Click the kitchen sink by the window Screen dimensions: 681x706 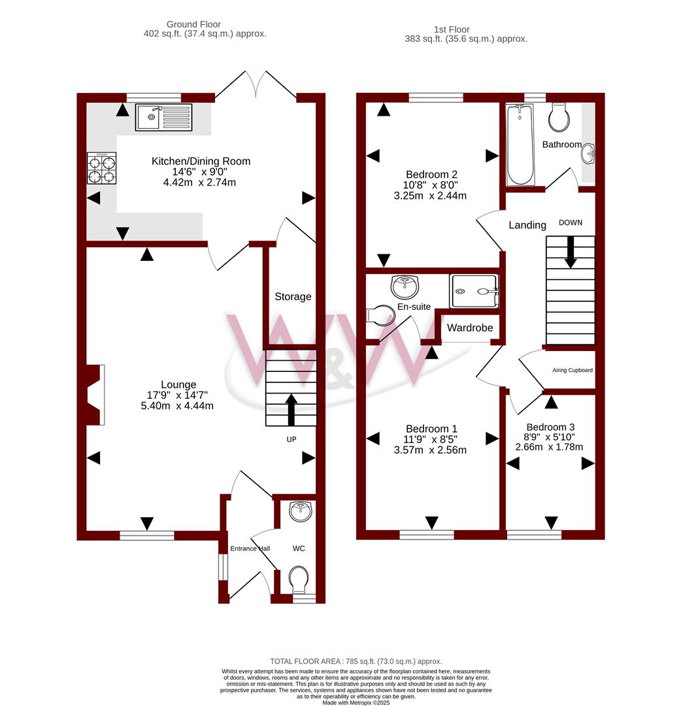click(x=164, y=118)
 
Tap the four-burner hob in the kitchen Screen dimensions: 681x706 click(x=102, y=169)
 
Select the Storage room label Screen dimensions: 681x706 click(x=293, y=297)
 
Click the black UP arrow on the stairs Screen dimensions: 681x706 click(x=291, y=410)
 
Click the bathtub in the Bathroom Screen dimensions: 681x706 click(x=520, y=144)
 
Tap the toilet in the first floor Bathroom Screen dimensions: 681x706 click(x=559, y=117)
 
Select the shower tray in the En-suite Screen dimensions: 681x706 click(x=474, y=292)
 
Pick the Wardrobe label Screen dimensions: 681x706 click(x=470, y=328)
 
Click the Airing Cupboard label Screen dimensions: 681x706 click(x=573, y=370)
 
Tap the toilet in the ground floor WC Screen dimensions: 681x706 click(x=299, y=580)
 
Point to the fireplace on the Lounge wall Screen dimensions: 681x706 click(x=95, y=395)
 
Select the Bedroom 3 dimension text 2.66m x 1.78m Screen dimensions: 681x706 click(x=549, y=447)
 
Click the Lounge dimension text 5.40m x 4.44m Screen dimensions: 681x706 click(x=177, y=406)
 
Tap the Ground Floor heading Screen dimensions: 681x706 click(x=193, y=24)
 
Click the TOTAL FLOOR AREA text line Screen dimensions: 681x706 click(x=356, y=662)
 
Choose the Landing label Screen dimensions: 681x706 click(x=527, y=225)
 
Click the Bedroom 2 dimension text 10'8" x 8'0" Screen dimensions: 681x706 click(x=430, y=185)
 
